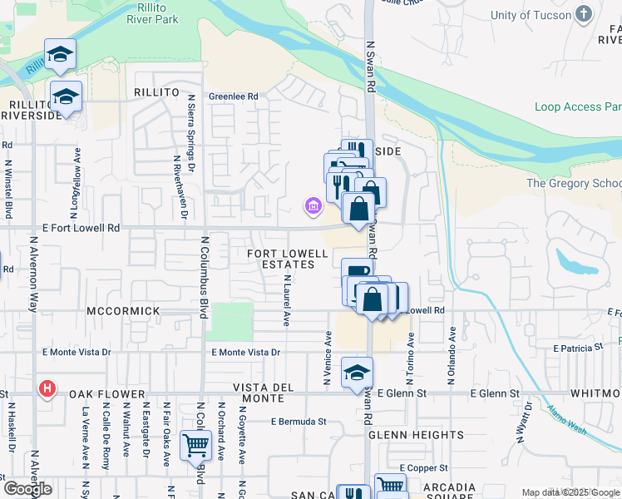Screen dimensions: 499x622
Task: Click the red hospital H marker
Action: point(48,388)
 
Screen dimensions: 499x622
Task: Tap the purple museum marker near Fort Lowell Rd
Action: point(313,205)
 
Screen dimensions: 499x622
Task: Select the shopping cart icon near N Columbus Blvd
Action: point(195,444)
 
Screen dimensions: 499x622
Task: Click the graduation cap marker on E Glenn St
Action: point(357,372)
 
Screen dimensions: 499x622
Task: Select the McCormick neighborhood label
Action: point(121,310)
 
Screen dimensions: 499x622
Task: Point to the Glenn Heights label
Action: point(416,435)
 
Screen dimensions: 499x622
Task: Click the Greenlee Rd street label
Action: point(233,96)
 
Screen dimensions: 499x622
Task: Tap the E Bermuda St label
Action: point(298,422)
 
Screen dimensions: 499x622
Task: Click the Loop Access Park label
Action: point(577,106)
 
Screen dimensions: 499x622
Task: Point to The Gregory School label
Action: point(574,183)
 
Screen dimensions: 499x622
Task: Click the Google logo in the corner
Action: point(28,489)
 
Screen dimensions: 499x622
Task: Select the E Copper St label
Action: point(423,468)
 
